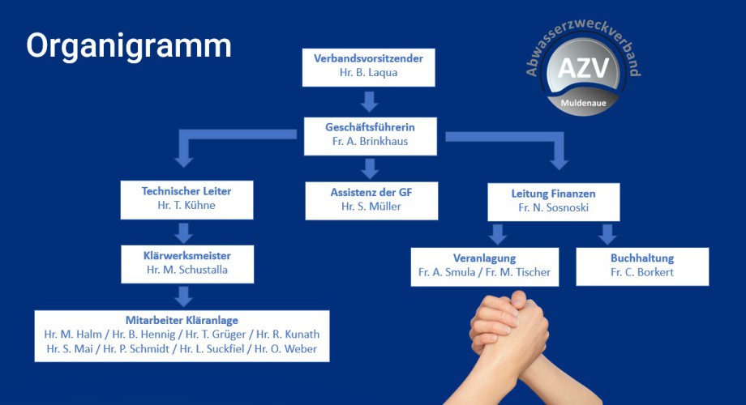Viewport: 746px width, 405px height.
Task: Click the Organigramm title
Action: [x=128, y=45]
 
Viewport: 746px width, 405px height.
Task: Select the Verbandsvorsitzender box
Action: [x=369, y=66]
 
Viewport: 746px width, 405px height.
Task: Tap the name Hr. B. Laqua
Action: [x=369, y=73]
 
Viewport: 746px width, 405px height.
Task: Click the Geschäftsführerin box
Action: [x=370, y=135]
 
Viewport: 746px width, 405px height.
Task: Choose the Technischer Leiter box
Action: [x=186, y=199]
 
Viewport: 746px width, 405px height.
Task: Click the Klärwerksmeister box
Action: [x=187, y=262]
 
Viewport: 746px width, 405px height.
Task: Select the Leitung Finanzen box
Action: [x=554, y=201]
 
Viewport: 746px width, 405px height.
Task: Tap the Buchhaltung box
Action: [x=642, y=266]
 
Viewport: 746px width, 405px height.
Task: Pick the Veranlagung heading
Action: [x=484, y=258]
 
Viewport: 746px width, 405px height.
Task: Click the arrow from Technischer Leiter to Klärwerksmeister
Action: [x=184, y=232]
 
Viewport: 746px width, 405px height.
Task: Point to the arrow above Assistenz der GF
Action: [x=370, y=168]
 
